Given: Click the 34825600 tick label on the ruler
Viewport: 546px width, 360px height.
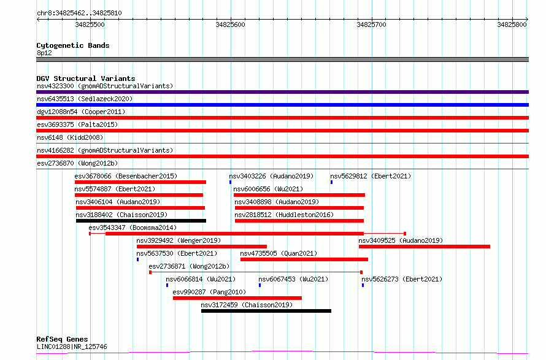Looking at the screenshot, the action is point(230,25).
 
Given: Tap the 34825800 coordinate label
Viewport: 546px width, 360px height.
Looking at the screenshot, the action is point(512,25).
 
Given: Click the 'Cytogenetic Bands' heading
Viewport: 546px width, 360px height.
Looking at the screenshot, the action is point(73,45).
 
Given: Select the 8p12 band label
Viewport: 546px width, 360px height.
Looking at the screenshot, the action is point(44,53).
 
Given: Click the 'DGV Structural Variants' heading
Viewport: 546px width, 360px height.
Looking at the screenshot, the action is point(86,79).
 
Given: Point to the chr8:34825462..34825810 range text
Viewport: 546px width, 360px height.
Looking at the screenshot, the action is point(79,13).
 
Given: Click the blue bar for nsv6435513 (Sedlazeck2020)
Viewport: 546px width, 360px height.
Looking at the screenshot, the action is point(282,105).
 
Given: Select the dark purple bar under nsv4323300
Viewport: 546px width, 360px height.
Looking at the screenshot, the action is point(282,92).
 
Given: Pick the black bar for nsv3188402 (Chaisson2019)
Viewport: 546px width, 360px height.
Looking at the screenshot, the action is point(141,221).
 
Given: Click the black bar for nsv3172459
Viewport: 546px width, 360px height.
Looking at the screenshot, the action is point(266,311).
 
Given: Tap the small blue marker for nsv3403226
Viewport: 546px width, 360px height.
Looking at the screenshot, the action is point(230,182).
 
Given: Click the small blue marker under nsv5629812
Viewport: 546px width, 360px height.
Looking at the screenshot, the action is point(331,182).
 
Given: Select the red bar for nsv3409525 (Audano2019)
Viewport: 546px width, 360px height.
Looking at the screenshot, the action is point(425,247).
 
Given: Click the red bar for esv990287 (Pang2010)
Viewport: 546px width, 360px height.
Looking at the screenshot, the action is point(237,298).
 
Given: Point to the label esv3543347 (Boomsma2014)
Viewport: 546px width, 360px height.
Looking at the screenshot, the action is point(133,228).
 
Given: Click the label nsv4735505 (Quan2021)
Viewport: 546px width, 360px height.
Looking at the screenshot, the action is point(279,253).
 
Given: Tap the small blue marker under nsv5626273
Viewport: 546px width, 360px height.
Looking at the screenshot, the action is point(363,285).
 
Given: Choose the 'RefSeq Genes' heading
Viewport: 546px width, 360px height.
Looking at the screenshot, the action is point(62,339).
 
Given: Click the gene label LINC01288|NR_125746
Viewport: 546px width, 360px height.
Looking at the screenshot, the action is point(72,347).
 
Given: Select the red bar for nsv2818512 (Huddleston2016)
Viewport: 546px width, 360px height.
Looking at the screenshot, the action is point(299,221).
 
